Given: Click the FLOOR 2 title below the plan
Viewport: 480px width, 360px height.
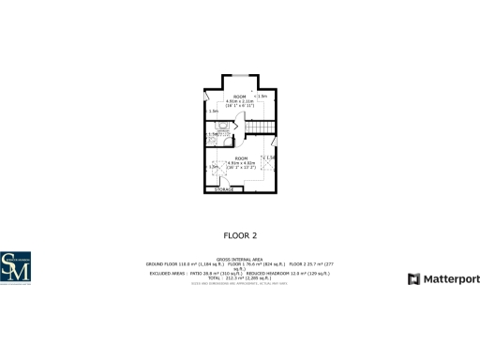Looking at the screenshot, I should (240, 235).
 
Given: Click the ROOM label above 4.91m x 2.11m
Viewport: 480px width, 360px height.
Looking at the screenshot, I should (240, 97).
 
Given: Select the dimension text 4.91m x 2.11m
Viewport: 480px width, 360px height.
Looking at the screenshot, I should (240, 101).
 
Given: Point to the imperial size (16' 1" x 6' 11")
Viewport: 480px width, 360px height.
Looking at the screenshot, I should (240, 106).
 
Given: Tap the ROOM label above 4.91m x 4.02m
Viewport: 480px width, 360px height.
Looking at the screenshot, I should (241, 158).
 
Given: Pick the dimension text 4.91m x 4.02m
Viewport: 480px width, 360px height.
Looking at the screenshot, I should (241, 163).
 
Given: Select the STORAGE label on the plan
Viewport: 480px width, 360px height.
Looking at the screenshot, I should (224, 190).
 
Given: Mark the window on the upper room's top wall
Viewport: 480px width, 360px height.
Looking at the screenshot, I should (240, 73).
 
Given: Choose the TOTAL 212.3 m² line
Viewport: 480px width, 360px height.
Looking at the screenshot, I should (240, 278).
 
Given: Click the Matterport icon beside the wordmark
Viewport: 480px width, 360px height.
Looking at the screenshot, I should (413, 278).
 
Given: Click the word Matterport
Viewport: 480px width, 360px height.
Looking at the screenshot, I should (445, 278).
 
